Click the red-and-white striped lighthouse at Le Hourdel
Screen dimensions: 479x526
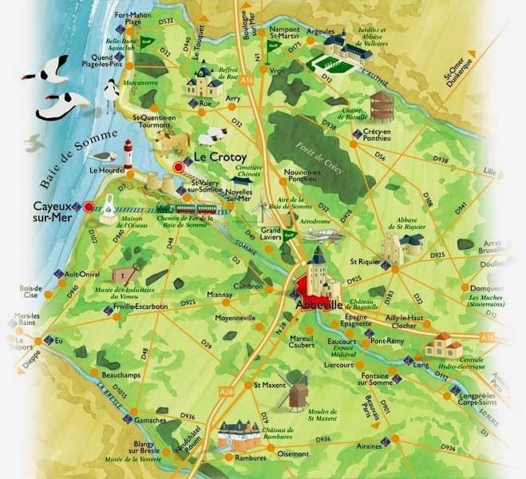127,154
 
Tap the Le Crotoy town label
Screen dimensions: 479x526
219,157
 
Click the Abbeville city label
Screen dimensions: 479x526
319,305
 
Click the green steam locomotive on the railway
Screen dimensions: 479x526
186,209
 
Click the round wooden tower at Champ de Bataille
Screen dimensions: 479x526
360,105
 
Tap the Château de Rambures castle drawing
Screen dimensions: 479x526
239,433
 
